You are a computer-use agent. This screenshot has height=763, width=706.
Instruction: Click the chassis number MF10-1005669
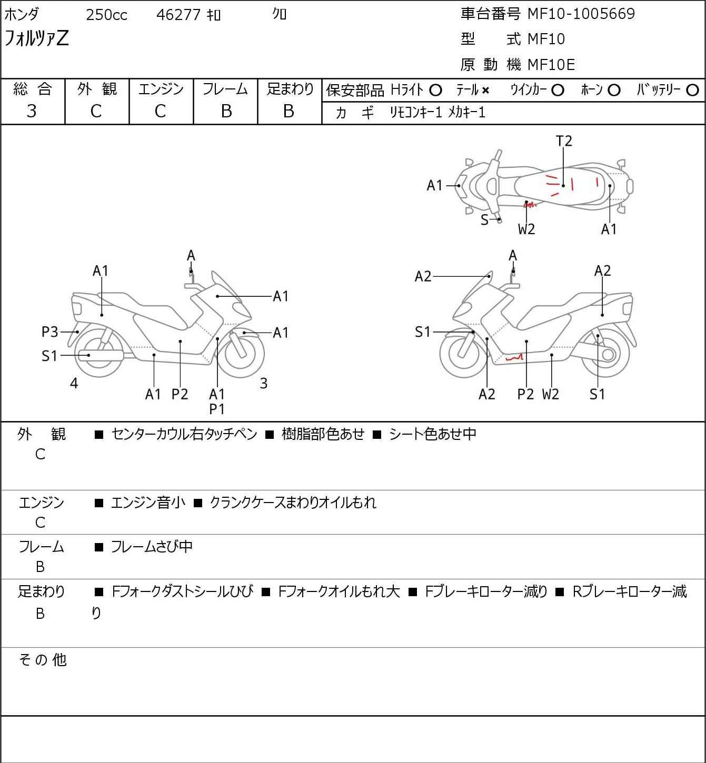(581, 14)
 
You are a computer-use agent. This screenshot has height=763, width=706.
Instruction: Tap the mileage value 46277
(178, 15)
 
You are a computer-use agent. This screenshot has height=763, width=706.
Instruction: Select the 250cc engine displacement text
(106, 15)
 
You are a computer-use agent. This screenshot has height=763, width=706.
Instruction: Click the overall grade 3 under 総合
(32, 111)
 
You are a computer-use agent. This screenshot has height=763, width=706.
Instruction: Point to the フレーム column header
(225, 89)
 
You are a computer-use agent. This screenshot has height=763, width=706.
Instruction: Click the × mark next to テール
(485, 91)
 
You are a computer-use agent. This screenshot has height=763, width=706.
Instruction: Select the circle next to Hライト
(435, 90)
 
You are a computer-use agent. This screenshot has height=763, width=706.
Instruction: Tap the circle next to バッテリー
(693, 90)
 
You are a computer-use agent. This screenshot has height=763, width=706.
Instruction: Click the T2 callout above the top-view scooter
(564, 141)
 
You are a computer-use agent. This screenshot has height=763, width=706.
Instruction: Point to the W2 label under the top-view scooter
(526, 229)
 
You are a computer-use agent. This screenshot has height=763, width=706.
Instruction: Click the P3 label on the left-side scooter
(49, 332)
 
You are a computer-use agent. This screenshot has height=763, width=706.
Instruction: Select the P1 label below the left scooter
(217, 408)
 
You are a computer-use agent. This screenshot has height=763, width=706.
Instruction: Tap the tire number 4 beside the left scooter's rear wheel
(74, 384)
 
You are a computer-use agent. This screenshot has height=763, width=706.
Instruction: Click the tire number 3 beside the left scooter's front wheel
(264, 384)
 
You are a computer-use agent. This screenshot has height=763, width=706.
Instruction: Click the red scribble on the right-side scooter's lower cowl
(514, 358)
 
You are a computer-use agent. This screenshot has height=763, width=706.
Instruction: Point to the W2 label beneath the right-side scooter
(550, 394)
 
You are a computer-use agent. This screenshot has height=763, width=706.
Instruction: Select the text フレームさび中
(152, 547)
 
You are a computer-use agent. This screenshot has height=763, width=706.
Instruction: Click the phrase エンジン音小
(148, 503)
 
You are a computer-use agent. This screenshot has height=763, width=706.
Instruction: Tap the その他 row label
(43, 659)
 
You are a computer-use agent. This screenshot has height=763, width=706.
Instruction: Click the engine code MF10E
(551, 65)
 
